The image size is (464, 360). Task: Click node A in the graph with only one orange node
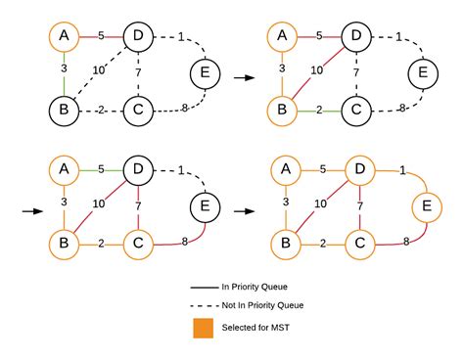(x=64, y=37)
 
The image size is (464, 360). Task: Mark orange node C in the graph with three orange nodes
(x=138, y=242)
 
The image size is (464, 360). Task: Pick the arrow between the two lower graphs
(x=238, y=207)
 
